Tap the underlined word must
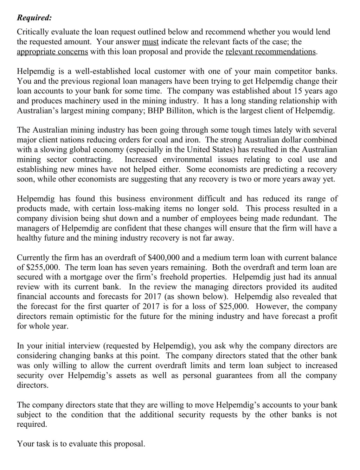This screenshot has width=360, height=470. [150, 42]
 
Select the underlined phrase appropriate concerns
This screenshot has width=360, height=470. [52, 52]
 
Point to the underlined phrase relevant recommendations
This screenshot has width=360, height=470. [271, 52]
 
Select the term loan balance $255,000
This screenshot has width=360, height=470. [45, 268]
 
